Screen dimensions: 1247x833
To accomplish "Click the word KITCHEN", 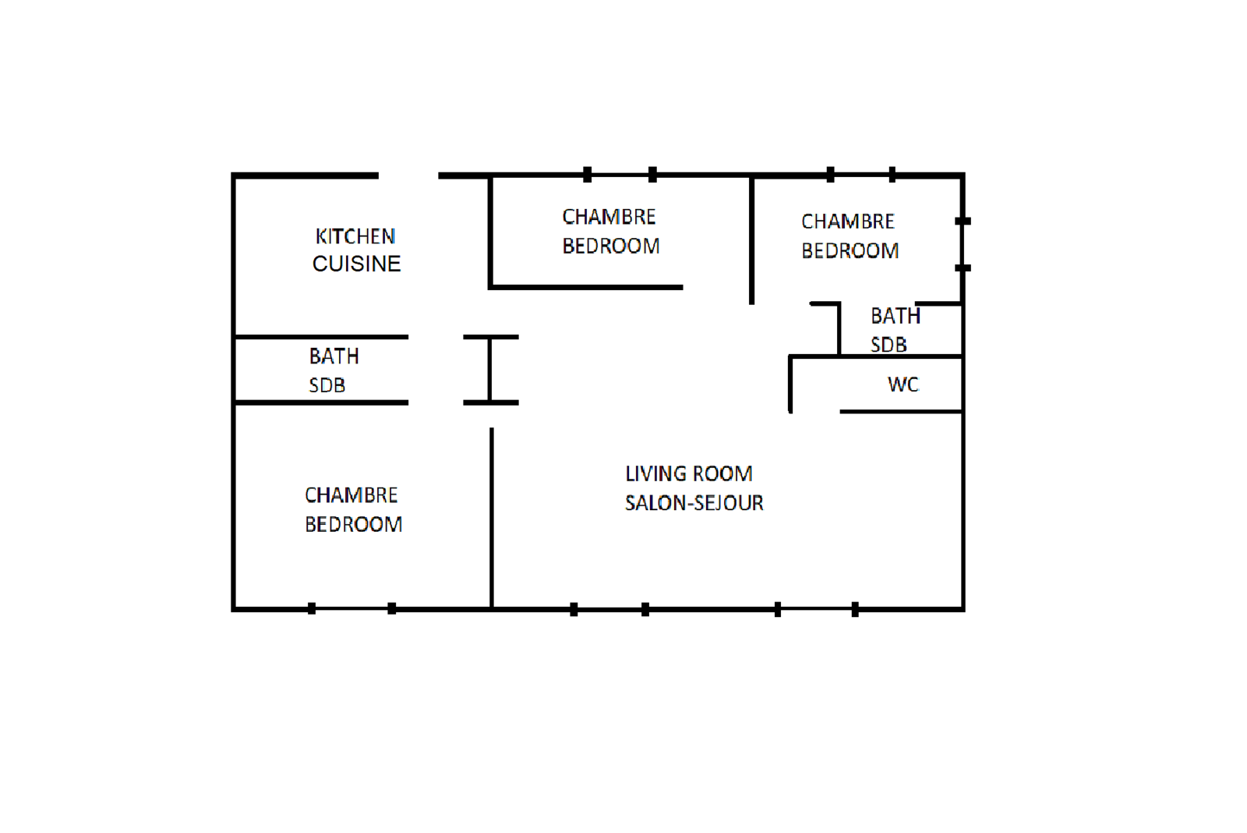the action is click(x=355, y=236).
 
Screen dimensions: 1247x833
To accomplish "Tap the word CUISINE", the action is click(x=356, y=264).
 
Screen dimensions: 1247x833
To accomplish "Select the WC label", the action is click(x=903, y=385).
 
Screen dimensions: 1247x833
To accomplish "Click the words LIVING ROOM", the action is click(x=689, y=473).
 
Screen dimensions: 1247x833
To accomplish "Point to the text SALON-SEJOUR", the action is click(x=694, y=503).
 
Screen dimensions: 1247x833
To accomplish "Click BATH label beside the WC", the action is click(x=896, y=316).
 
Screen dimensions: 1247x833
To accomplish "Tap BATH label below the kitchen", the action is click(x=334, y=356).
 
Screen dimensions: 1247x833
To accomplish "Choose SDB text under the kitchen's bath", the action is click(x=327, y=385).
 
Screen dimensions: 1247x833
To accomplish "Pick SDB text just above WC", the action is click(x=888, y=345).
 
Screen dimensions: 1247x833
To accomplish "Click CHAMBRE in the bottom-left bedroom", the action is click(x=351, y=494).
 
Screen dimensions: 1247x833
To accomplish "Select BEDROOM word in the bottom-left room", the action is click(x=353, y=524).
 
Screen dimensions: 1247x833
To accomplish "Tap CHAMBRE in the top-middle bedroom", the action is click(x=609, y=217).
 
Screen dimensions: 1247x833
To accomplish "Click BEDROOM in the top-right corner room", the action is click(x=850, y=250).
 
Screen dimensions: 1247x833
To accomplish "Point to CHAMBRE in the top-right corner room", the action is click(x=847, y=222).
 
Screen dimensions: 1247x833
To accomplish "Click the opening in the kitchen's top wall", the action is click(x=408, y=175).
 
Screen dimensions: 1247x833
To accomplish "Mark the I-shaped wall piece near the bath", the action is click(x=490, y=370).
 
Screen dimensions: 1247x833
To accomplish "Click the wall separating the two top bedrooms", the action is click(x=751, y=239).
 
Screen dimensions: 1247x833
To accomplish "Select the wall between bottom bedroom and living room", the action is click(x=492, y=518).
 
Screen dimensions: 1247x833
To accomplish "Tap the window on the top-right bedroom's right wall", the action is click(x=963, y=245).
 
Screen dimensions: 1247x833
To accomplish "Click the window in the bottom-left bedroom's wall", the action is click(x=351, y=608).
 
